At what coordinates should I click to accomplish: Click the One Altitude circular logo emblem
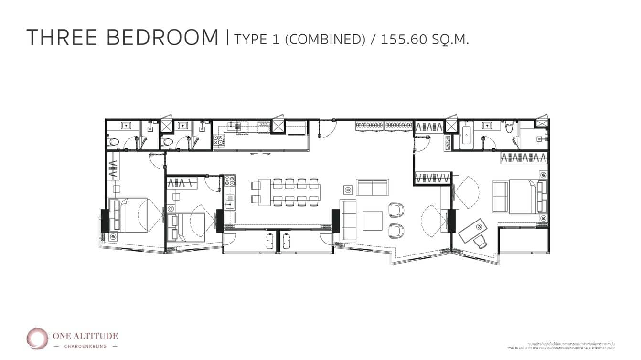[37, 339]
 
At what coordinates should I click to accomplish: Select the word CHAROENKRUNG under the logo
[86, 346]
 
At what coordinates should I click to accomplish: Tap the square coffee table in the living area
[372, 221]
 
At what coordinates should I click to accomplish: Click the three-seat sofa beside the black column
[348, 220]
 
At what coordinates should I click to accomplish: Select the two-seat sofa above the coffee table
[372, 187]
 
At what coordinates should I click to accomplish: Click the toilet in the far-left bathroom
[113, 142]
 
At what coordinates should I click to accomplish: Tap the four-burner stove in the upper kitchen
[218, 140]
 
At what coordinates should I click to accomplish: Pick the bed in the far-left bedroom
[129, 215]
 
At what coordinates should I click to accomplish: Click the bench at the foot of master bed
[500, 196]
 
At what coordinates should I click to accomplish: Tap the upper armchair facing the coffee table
[396, 210]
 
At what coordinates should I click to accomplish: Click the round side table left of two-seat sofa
[348, 190]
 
